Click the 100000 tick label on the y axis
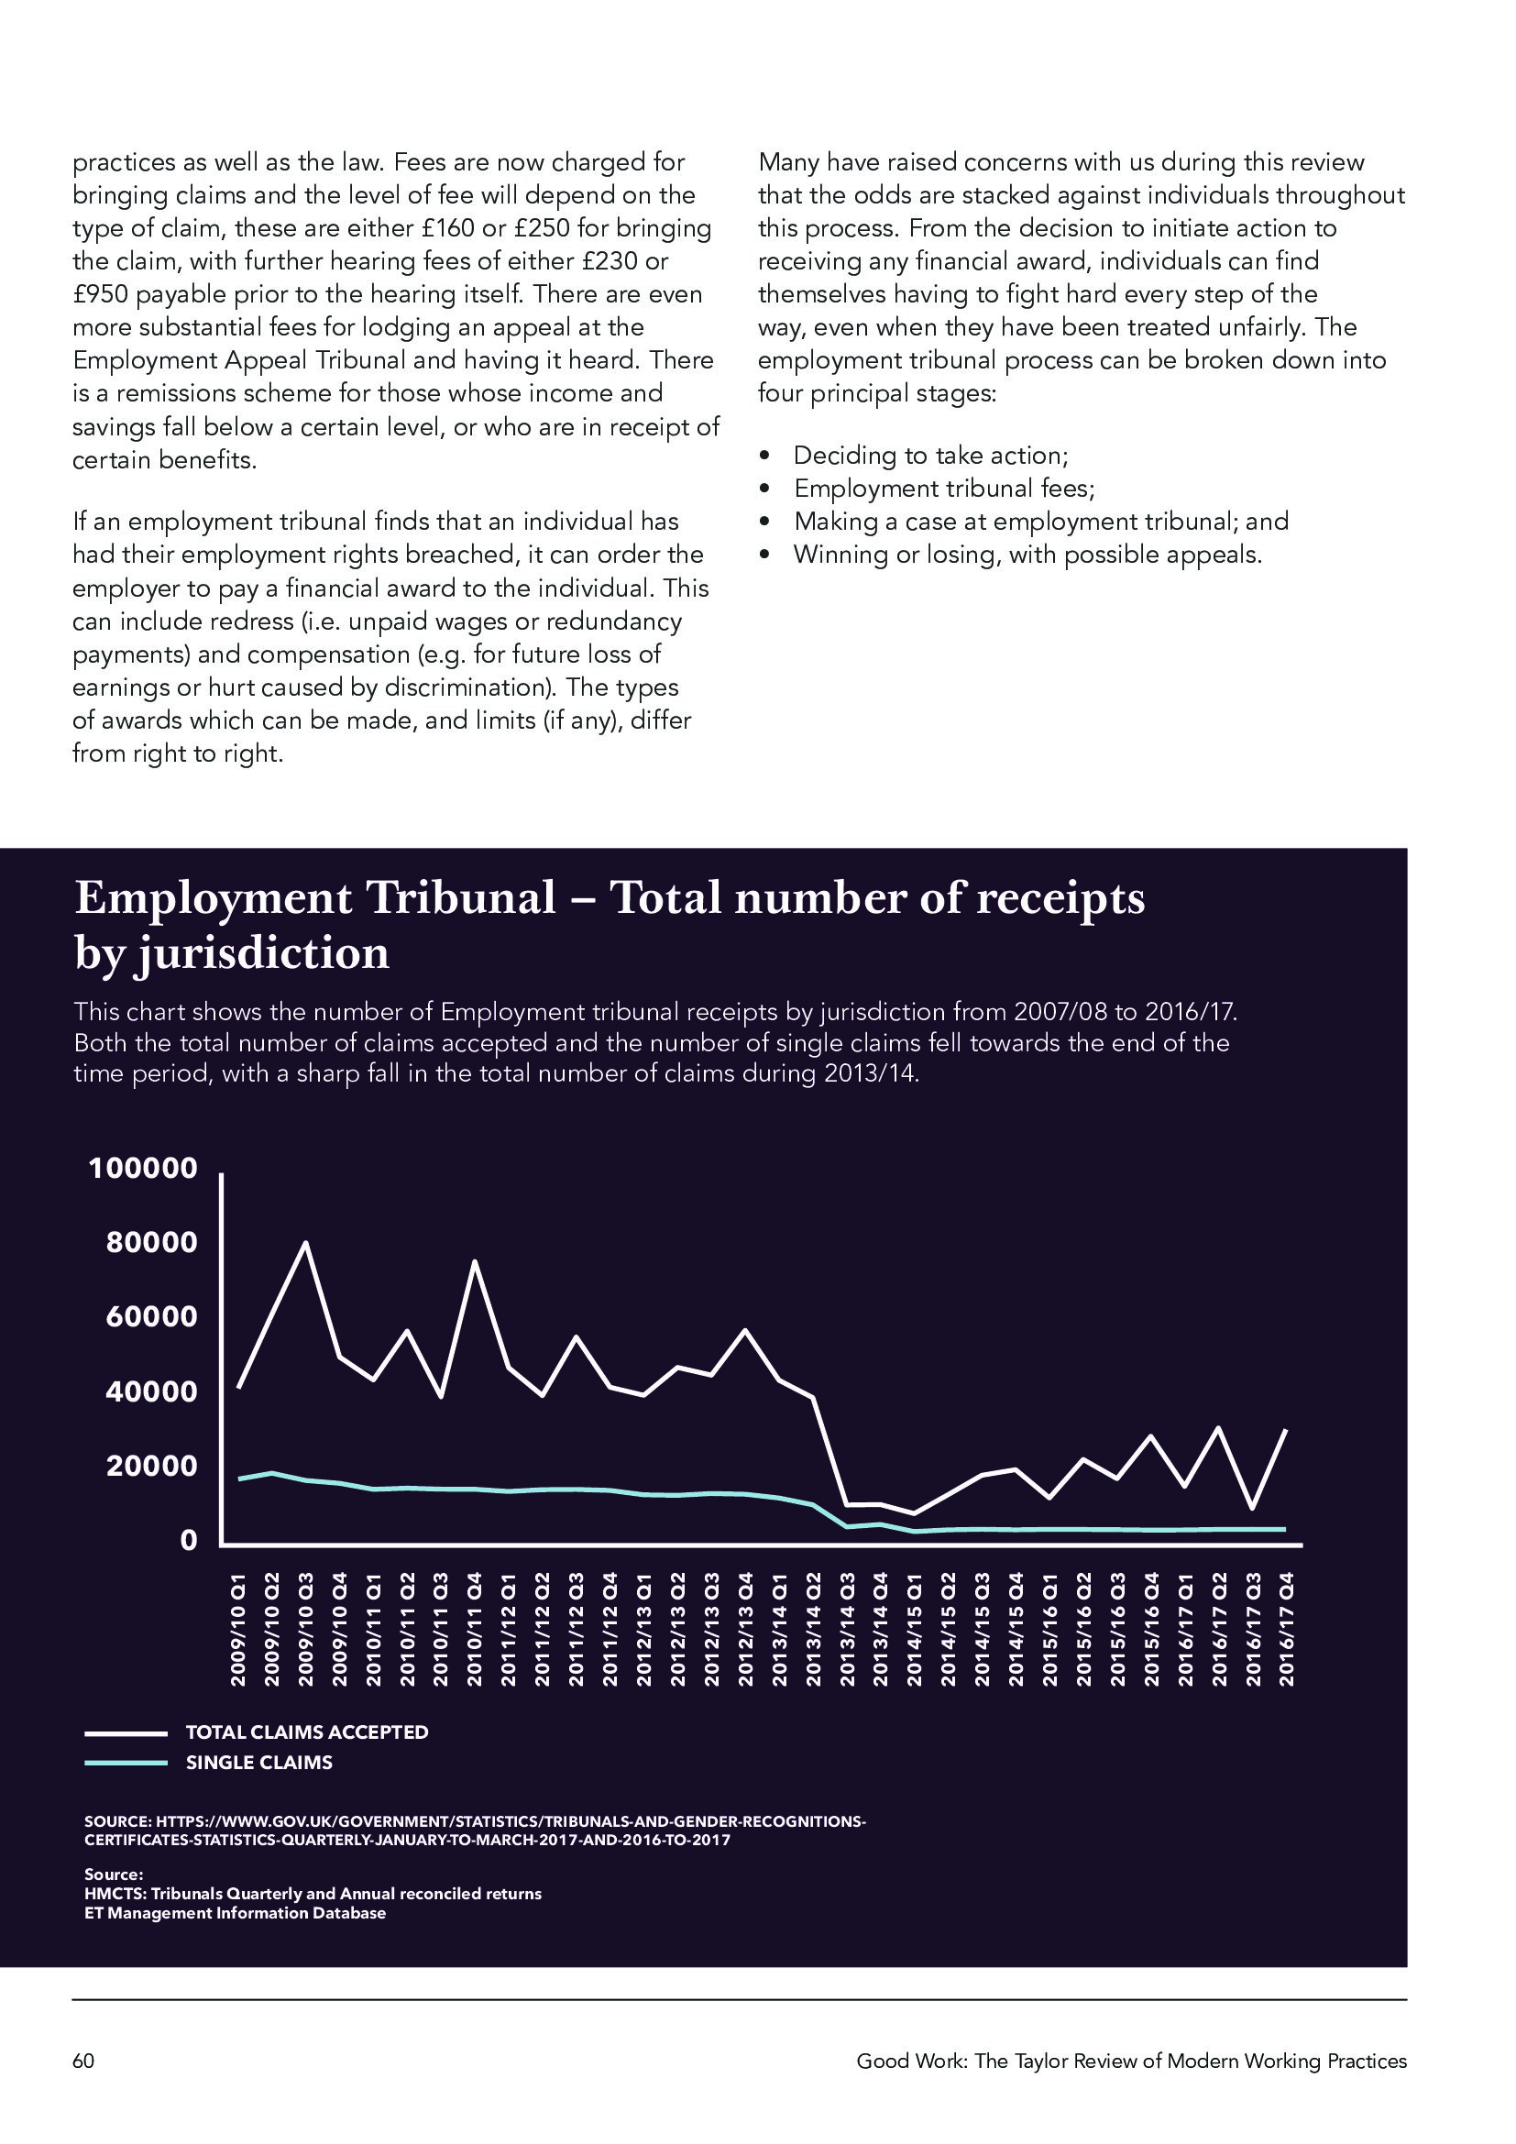(x=143, y=1168)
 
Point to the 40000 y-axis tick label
(x=152, y=1391)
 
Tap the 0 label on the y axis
(x=189, y=1540)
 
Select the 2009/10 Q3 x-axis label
(x=305, y=1631)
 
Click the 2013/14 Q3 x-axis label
(x=848, y=1631)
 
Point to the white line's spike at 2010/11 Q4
(x=474, y=1262)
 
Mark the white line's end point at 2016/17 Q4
(x=1287, y=1430)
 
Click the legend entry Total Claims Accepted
(x=306, y=1732)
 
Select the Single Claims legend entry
(x=258, y=1763)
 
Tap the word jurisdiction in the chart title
(x=261, y=953)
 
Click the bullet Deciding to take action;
(x=930, y=456)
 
